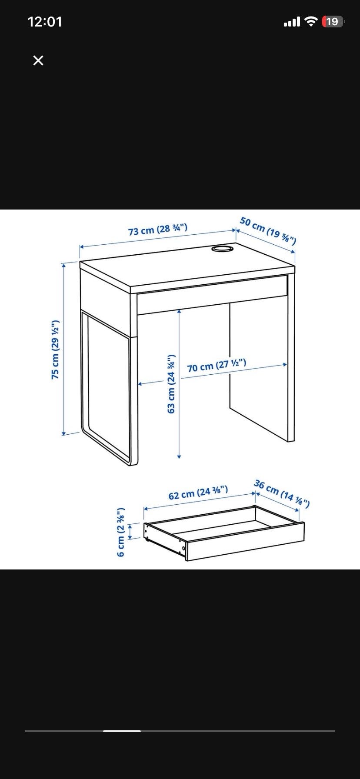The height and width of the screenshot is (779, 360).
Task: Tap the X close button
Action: [38, 60]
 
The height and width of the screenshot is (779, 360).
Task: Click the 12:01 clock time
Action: [45, 22]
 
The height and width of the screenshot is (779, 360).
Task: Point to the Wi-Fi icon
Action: [311, 21]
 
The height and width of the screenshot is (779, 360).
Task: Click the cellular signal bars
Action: [292, 22]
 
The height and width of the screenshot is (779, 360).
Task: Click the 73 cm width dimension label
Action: [158, 229]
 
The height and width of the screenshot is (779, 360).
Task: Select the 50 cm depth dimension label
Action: [268, 231]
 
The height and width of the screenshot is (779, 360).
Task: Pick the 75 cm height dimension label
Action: [55, 349]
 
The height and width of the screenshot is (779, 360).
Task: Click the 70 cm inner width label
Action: [217, 366]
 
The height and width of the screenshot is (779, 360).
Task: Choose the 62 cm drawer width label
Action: [198, 493]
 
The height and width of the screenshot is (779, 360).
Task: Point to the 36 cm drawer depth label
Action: [282, 494]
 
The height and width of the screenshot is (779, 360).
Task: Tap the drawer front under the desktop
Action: [212, 294]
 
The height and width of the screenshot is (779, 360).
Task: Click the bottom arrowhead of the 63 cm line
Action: [179, 456]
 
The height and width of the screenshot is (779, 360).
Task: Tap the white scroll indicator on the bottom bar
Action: [122, 731]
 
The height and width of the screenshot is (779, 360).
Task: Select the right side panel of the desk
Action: [291, 355]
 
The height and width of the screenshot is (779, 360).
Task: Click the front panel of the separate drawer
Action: [245, 542]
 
